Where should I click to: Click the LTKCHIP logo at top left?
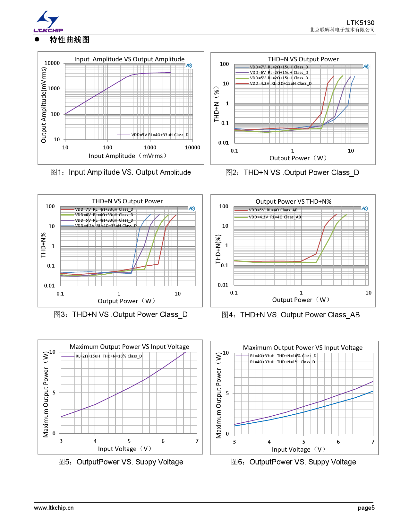tap(48, 22)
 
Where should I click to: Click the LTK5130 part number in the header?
tap(360, 23)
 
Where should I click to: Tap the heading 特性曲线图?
tap(69, 40)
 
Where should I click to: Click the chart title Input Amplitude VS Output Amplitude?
tap(129, 59)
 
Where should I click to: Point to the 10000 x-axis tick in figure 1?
tap(192, 147)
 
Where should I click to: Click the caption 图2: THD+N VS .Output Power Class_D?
tap(292, 172)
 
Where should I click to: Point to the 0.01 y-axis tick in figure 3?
tap(49, 286)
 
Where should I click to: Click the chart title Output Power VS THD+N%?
tap(293, 201)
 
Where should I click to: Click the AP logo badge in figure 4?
tap(365, 208)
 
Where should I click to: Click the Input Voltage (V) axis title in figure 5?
tap(124, 449)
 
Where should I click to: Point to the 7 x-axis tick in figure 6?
tap(373, 442)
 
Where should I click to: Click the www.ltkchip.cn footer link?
tap(54, 508)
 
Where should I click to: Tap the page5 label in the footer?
tap(366, 508)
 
